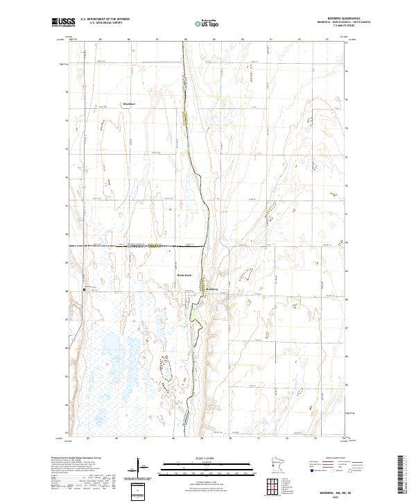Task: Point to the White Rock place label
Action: tap(182, 276)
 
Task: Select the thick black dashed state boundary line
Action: tap(139, 246)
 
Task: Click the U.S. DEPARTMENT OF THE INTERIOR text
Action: tap(105, 19)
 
